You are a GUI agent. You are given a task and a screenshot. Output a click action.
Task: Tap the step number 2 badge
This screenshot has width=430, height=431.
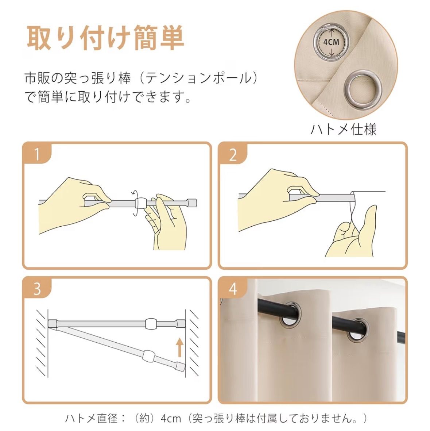(x=233, y=154)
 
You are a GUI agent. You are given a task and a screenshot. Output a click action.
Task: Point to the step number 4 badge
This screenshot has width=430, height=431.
(x=233, y=289)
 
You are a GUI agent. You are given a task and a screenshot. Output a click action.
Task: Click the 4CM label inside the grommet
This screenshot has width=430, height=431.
(x=331, y=42)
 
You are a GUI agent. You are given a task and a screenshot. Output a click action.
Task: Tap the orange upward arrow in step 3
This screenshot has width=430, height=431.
(x=180, y=347)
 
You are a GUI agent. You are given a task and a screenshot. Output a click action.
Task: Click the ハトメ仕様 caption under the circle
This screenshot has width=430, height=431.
(x=344, y=129)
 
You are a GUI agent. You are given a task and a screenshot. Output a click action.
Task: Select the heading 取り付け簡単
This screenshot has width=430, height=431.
(x=105, y=38)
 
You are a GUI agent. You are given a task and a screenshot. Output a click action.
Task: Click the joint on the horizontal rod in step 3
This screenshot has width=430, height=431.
(x=152, y=324)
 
